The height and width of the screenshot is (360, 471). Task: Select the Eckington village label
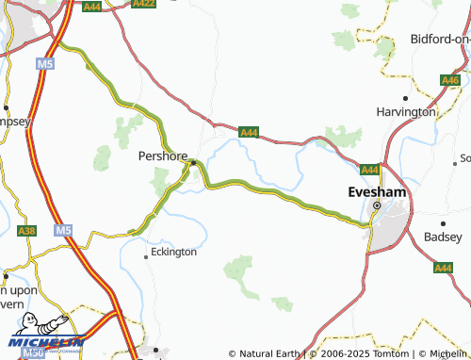173,252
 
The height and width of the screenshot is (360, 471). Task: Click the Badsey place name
443,237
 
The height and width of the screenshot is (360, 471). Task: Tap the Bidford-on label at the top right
440,39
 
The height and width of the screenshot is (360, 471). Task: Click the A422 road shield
143,4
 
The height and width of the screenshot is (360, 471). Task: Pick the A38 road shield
26,230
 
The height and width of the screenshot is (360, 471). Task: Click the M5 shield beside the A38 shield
62,230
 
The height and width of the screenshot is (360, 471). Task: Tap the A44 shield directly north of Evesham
369,170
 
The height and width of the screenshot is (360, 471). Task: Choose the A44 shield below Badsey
443,268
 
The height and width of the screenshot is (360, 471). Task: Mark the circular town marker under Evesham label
376,205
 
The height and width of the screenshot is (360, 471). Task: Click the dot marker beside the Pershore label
193,162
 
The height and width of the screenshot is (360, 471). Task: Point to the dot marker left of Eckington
145,254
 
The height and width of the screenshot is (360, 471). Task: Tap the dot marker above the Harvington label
406,98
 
